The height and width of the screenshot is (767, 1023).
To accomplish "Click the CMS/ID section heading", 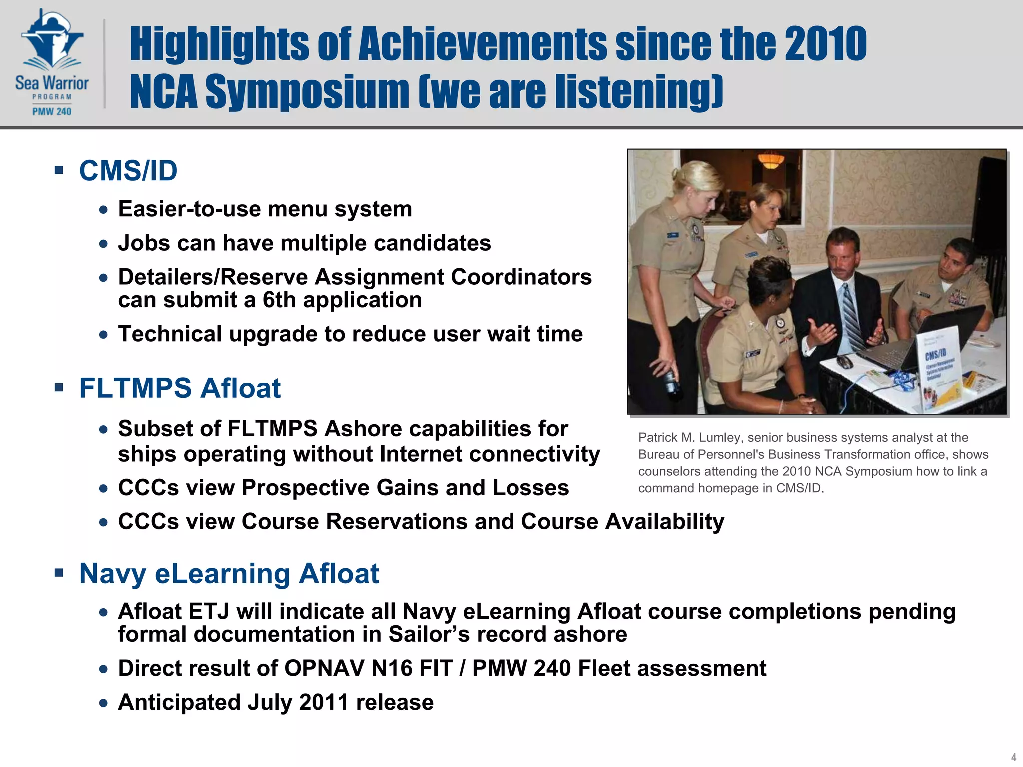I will pyautogui.click(x=128, y=171).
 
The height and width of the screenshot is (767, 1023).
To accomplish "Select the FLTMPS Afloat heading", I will pyautogui.click(x=180, y=388).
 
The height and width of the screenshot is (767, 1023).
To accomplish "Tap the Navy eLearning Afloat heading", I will pyautogui.click(x=229, y=573).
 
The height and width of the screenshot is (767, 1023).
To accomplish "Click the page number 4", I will pyautogui.click(x=1013, y=757).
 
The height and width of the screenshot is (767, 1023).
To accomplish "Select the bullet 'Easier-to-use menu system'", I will pyautogui.click(x=265, y=209).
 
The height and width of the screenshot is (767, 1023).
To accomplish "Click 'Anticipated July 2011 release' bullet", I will pyautogui.click(x=276, y=702).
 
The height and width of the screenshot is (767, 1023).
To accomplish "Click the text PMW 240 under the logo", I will pyautogui.click(x=52, y=112).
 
